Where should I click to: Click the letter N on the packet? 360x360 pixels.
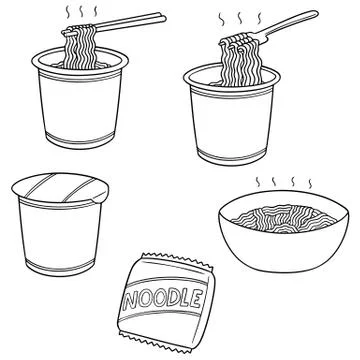click(132, 303)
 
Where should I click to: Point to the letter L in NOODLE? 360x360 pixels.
click(190, 298)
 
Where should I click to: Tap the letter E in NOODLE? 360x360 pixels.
click(203, 297)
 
